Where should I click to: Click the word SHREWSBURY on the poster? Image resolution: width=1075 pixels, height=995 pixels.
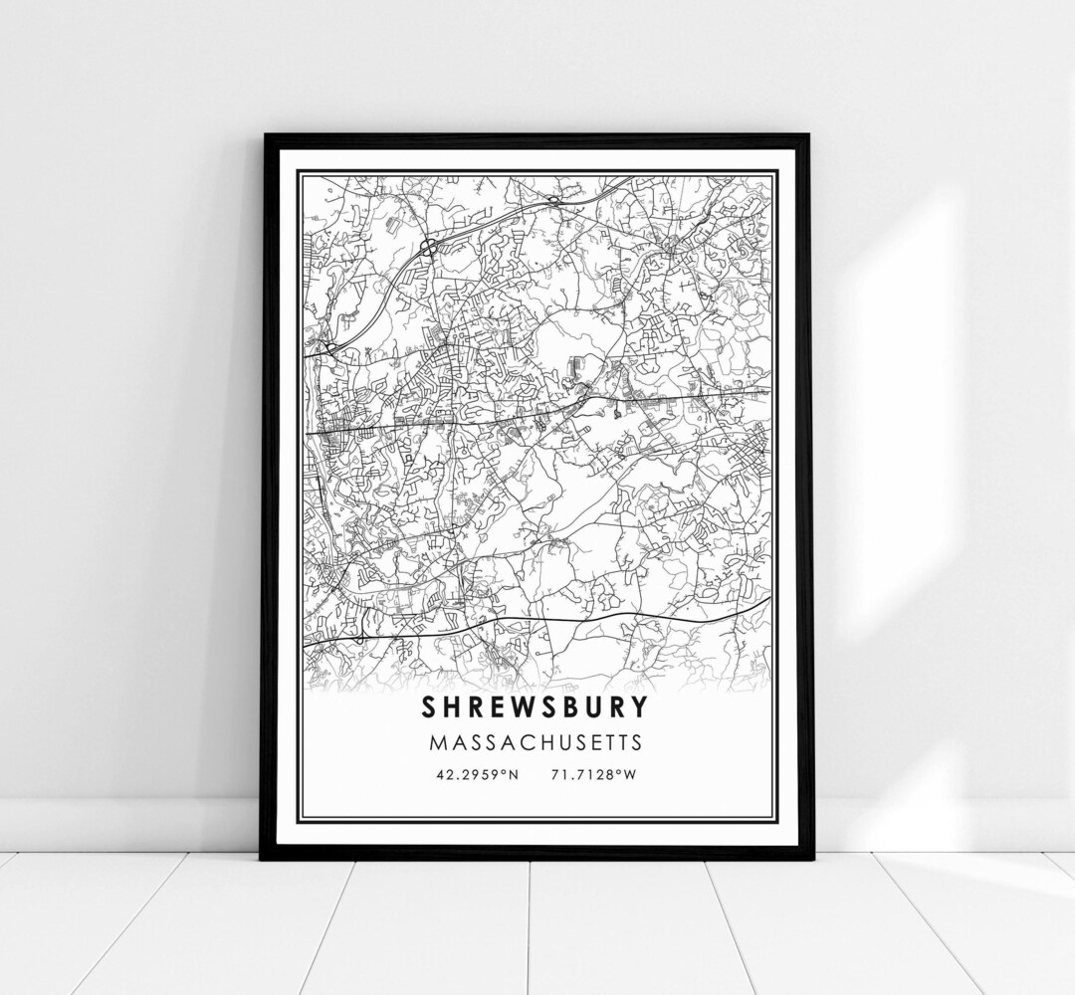tap(536, 707)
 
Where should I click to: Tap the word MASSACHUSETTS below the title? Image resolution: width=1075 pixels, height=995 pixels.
tap(536, 742)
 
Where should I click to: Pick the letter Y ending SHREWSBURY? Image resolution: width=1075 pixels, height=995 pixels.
tap(638, 707)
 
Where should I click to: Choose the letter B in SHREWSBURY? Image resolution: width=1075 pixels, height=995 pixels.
tap(564, 707)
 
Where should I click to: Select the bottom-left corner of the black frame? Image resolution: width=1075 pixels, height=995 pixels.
tap(262, 858)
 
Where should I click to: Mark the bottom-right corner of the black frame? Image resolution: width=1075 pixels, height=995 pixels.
tap(811, 858)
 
